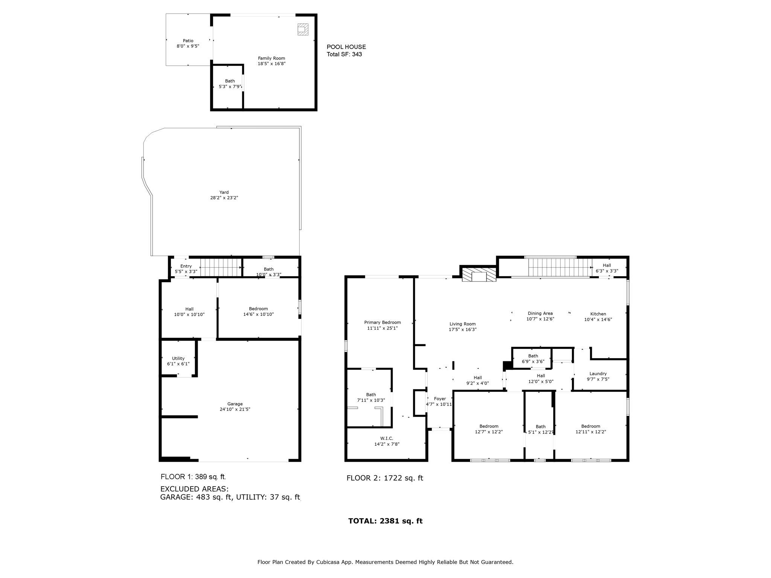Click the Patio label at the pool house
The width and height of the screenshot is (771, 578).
[188, 41]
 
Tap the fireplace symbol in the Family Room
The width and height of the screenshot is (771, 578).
[303, 29]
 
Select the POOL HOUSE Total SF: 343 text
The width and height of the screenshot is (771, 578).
[346, 50]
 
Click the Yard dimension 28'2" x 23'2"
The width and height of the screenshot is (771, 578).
[224, 198]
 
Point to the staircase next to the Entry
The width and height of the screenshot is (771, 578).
[220, 267]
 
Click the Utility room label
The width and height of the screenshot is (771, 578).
[178, 358]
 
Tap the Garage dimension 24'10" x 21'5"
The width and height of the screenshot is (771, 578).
[235, 409]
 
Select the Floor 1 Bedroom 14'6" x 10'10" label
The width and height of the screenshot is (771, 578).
[258, 311]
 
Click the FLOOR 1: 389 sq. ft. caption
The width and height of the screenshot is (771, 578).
[193, 477]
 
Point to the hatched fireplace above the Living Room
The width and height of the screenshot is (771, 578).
[479, 274]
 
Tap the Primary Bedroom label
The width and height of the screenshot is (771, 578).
[382, 322]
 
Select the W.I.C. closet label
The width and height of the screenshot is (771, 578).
[387, 438]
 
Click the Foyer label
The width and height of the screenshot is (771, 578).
[440, 399]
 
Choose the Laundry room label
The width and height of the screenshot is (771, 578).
[598, 374]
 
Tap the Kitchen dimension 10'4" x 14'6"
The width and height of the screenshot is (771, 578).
[598, 319]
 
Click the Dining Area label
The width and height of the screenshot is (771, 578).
[540, 313]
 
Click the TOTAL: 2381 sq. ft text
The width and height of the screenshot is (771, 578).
[385, 521]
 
